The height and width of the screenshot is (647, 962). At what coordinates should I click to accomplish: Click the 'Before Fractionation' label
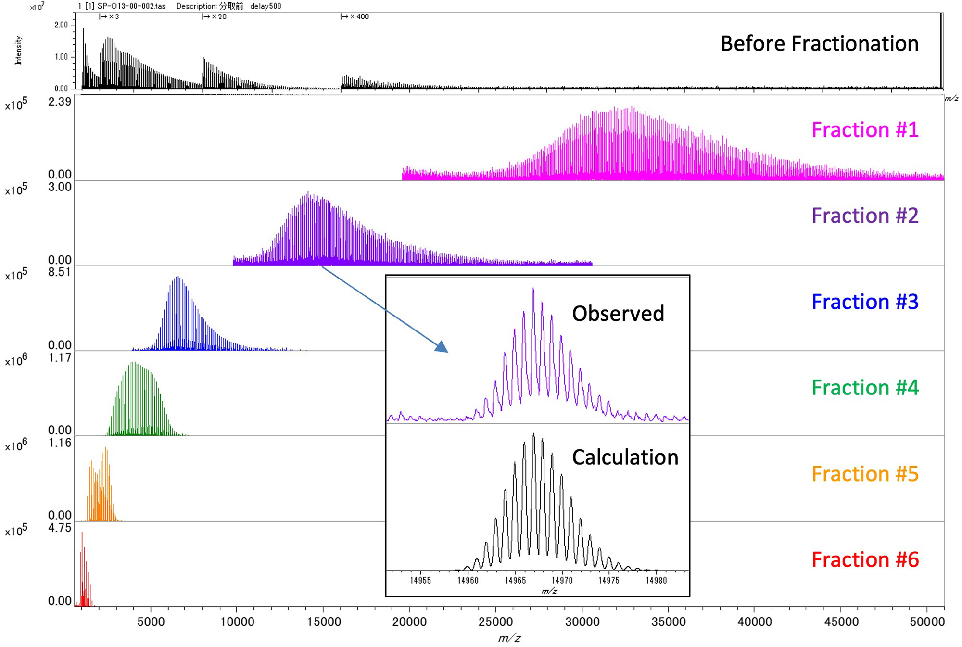[819, 43]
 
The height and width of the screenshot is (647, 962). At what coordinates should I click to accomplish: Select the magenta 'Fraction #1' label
[865, 130]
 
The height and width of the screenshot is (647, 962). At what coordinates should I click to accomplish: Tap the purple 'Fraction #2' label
[865, 216]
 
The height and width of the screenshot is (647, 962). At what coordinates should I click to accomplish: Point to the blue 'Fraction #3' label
[865, 302]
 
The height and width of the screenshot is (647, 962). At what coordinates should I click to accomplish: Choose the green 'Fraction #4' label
[865, 387]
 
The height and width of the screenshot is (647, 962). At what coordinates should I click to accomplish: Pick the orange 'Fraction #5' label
[865, 474]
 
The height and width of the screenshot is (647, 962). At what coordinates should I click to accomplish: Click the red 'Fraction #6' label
[865, 559]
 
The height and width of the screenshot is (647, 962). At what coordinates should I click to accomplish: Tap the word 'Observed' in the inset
[618, 314]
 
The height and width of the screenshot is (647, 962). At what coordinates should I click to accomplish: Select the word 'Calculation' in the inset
[625, 457]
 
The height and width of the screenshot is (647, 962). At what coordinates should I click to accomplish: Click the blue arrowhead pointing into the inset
[442, 347]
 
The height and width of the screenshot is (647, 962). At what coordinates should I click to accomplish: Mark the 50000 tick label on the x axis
[927, 622]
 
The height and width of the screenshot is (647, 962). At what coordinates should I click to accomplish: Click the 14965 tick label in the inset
[515, 580]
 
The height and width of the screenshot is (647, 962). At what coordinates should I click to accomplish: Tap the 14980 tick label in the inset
[657, 580]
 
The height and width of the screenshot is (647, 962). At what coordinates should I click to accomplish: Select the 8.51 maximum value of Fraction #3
[60, 272]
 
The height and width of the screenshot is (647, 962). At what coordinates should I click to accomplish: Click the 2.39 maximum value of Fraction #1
[60, 101]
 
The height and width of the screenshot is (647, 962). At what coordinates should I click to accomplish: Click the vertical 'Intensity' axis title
[18, 50]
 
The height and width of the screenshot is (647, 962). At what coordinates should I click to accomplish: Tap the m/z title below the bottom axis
[509, 638]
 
